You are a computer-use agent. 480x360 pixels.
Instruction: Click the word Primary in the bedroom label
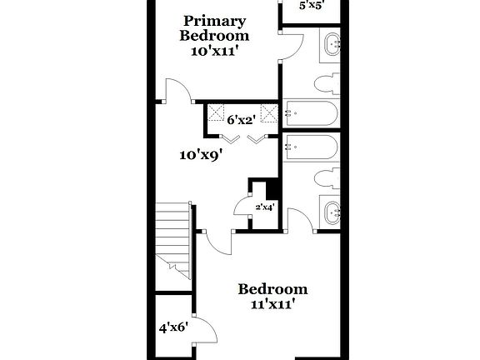[x=214, y=21]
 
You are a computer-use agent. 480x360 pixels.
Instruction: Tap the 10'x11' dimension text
[x=214, y=52]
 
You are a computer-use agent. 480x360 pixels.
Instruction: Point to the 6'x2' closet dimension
[x=242, y=120]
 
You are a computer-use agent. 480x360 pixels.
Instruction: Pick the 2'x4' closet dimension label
[x=264, y=206]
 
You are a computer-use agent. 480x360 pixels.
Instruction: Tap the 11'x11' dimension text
[x=272, y=305]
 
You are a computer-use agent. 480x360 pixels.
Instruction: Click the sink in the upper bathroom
[x=331, y=44]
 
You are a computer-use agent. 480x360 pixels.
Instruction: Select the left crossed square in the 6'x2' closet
[x=218, y=112]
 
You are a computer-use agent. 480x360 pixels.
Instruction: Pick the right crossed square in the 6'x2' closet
[x=268, y=112]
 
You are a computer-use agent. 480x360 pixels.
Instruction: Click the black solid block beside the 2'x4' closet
[x=265, y=187]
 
